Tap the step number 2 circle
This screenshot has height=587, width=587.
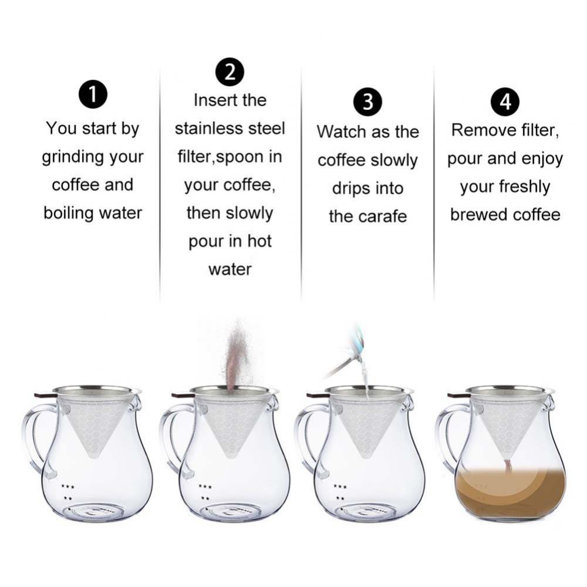[230, 73]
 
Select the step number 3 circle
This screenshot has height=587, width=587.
[367, 102]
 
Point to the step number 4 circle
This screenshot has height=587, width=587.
[505, 102]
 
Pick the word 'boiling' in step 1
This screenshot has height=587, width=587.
[66, 212]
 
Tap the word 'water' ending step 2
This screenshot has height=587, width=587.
[230, 269]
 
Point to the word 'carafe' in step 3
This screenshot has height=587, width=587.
[384, 217]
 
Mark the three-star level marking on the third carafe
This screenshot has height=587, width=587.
[340, 486]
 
